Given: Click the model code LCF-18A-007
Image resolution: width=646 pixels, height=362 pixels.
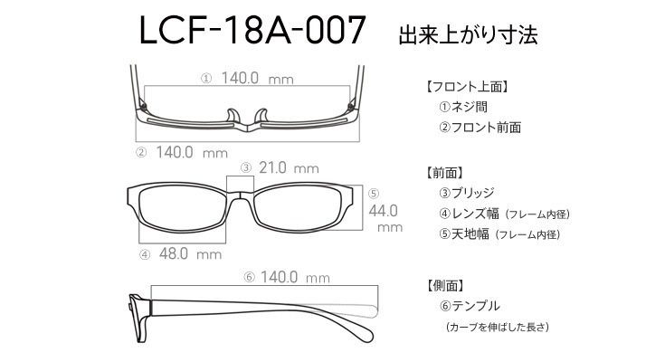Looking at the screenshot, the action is coord(252,30).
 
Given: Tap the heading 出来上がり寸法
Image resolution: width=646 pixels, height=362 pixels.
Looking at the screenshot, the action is coord(468,34).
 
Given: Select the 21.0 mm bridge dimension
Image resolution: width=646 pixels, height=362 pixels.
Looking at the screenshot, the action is coord(289,167).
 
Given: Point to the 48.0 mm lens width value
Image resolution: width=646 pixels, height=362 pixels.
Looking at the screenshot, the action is coord(190,253).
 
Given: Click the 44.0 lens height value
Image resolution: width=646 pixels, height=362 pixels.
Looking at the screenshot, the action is coord(383,211).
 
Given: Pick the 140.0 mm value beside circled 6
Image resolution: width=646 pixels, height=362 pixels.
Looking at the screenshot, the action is coord(295,277).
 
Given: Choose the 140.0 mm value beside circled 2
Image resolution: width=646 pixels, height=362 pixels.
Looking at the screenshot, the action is coord(192,153).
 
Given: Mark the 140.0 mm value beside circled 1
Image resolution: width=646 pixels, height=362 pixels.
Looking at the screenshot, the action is coord(258,78).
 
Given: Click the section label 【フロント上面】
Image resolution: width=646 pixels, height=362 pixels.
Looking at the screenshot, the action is coord(467,87).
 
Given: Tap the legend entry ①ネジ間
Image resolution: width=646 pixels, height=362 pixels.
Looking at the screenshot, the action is coord(463,107).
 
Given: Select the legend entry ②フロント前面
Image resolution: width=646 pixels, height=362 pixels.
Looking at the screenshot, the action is coord(480,128).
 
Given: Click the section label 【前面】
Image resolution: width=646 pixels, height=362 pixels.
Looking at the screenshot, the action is coord(444,173).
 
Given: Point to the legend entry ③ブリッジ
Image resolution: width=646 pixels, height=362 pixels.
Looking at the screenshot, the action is coord(467,193).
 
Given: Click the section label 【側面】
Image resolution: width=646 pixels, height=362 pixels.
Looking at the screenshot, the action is coord(445,285).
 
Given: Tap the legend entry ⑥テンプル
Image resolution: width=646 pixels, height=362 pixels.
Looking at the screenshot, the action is coord(470,306).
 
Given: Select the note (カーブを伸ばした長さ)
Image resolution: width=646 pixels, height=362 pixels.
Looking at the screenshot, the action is coord(498,327).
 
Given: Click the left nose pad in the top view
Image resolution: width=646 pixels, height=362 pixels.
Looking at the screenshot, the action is coord(233,116).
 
